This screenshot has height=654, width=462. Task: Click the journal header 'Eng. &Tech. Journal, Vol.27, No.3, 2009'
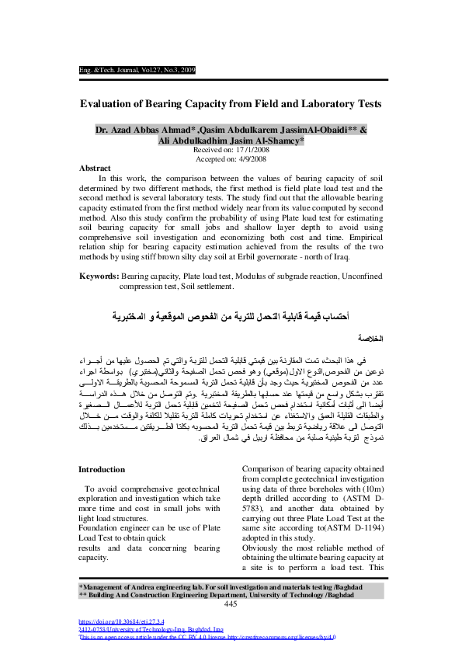click(137, 70)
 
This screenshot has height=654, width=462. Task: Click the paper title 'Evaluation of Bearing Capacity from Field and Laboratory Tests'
click(231, 103)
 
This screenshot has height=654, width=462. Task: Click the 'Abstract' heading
click(96, 168)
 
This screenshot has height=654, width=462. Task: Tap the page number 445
click(231, 604)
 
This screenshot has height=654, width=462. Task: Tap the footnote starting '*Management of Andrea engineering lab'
click(232, 586)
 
